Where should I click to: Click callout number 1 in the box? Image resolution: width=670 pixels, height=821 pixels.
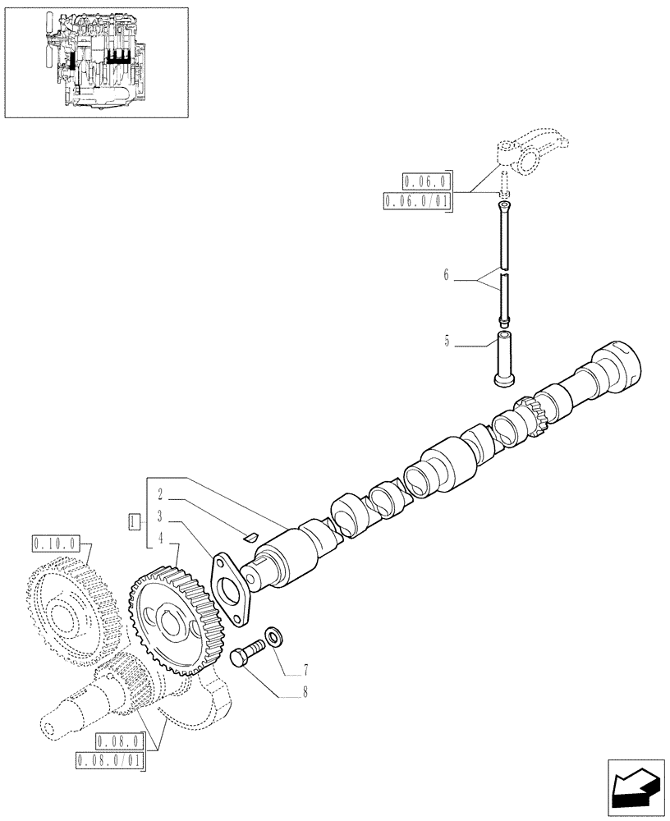(x=133, y=520)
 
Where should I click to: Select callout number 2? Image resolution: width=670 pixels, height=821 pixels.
(x=161, y=496)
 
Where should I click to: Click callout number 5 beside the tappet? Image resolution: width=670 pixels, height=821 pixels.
(x=447, y=340)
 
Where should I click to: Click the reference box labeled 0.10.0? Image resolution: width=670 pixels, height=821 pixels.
(x=55, y=543)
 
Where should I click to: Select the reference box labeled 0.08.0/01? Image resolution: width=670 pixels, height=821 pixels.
(x=109, y=761)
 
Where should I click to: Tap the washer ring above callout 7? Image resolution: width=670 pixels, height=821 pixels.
(x=272, y=635)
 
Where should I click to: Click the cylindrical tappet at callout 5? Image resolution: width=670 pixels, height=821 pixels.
(x=504, y=357)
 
